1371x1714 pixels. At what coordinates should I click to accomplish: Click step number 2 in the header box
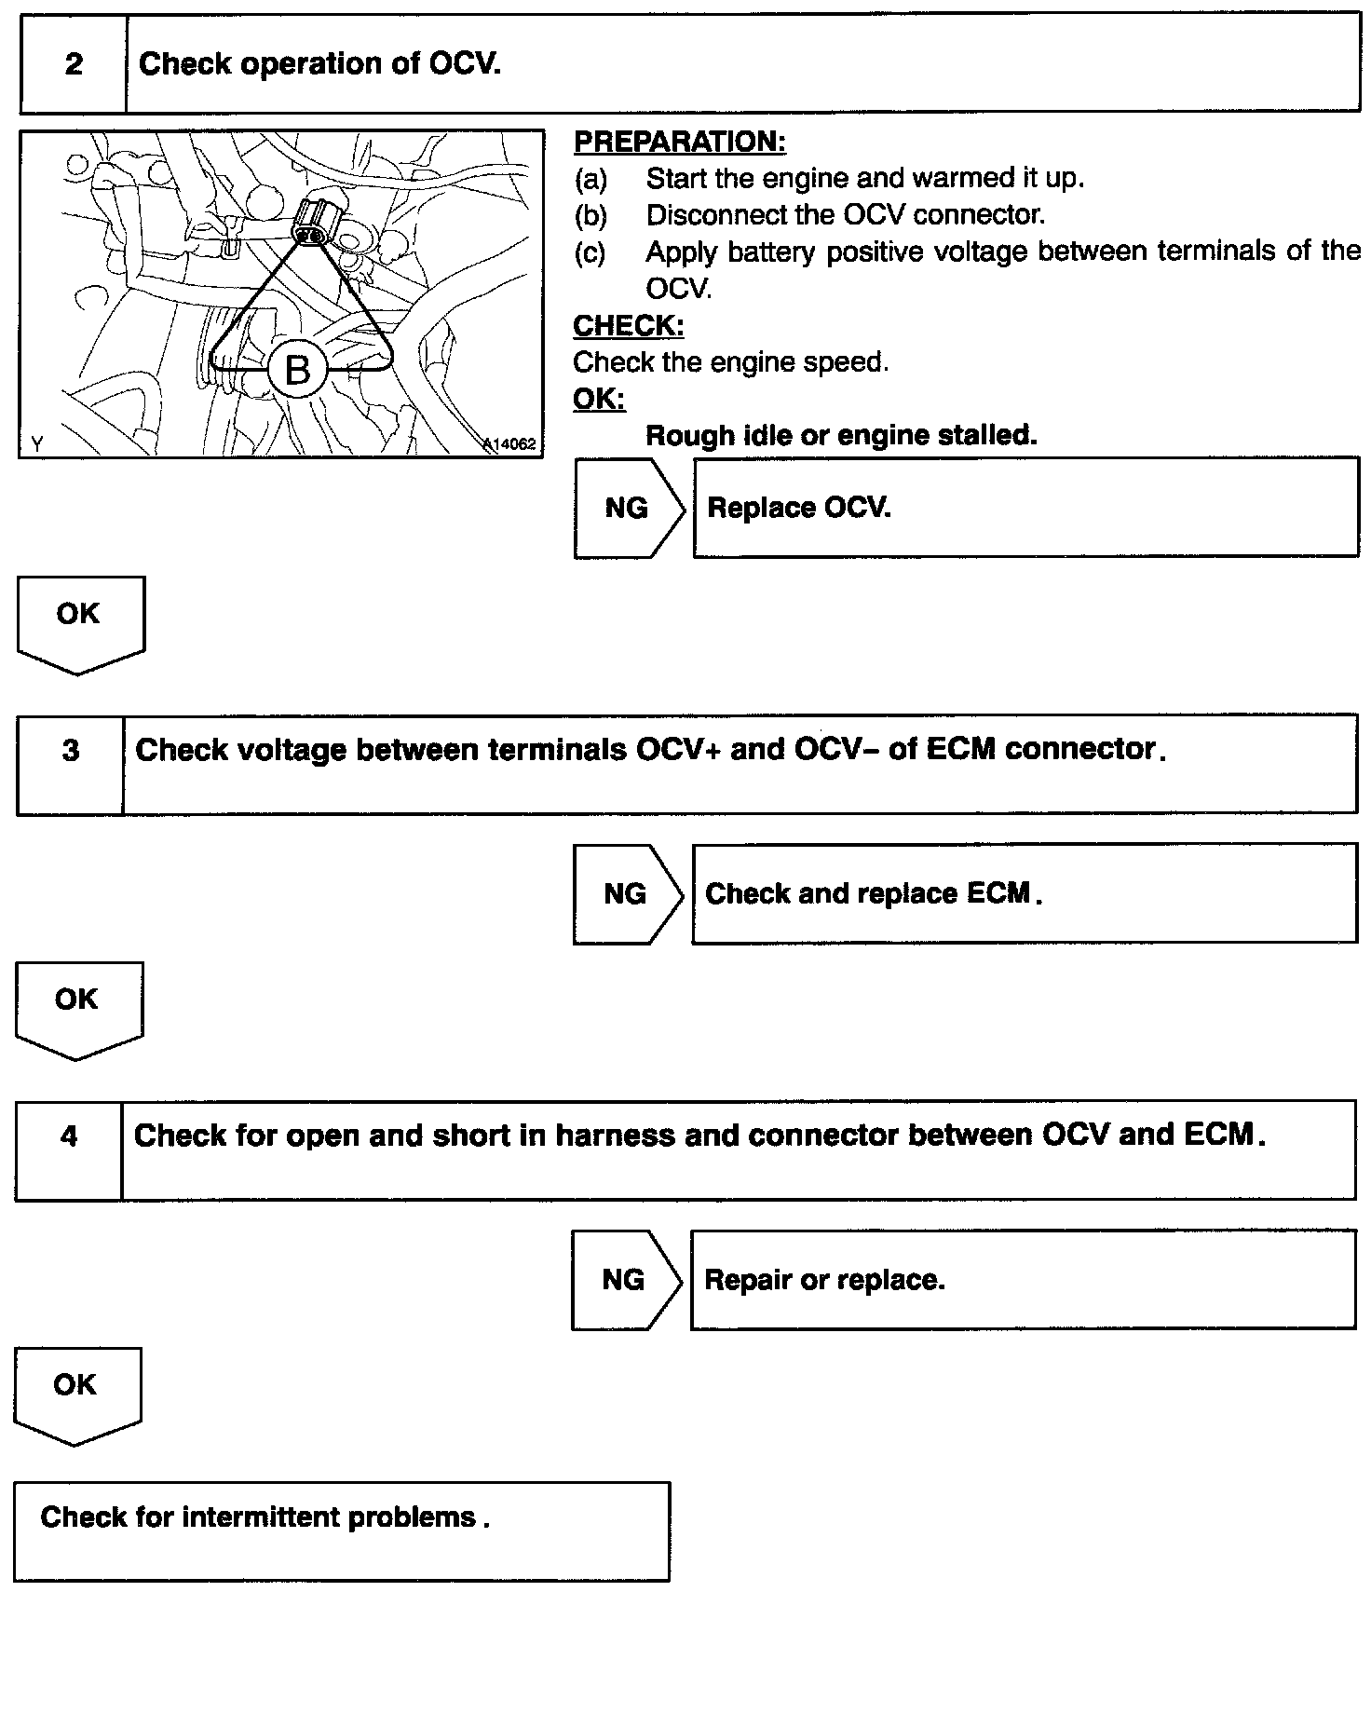[x=74, y=64]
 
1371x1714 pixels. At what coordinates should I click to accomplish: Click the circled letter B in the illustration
[x=297, y=370]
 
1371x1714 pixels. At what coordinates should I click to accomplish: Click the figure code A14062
[x=510, y=443]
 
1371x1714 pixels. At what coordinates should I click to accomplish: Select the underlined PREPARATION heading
[x=679, y=142]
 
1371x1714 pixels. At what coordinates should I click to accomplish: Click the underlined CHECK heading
[x=628, y=326]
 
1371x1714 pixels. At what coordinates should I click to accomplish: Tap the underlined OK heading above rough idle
[x=599, y=399]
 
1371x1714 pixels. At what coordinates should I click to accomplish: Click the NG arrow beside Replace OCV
[x=628, y=508]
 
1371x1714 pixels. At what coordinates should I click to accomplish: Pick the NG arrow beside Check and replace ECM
[x=626, y=894]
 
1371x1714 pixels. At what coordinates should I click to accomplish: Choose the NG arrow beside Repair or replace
[x=624, y=1280]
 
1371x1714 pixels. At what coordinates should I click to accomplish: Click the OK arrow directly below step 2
[x=79, y=620]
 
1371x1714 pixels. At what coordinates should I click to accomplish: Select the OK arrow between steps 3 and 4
[x=77, y=1006]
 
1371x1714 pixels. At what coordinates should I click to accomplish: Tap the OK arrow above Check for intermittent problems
[x=75, y=1392]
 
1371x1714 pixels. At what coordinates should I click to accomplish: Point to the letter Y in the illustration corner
[x=37, y=443]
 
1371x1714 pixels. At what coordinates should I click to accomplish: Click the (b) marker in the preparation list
[x=590, y=215]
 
